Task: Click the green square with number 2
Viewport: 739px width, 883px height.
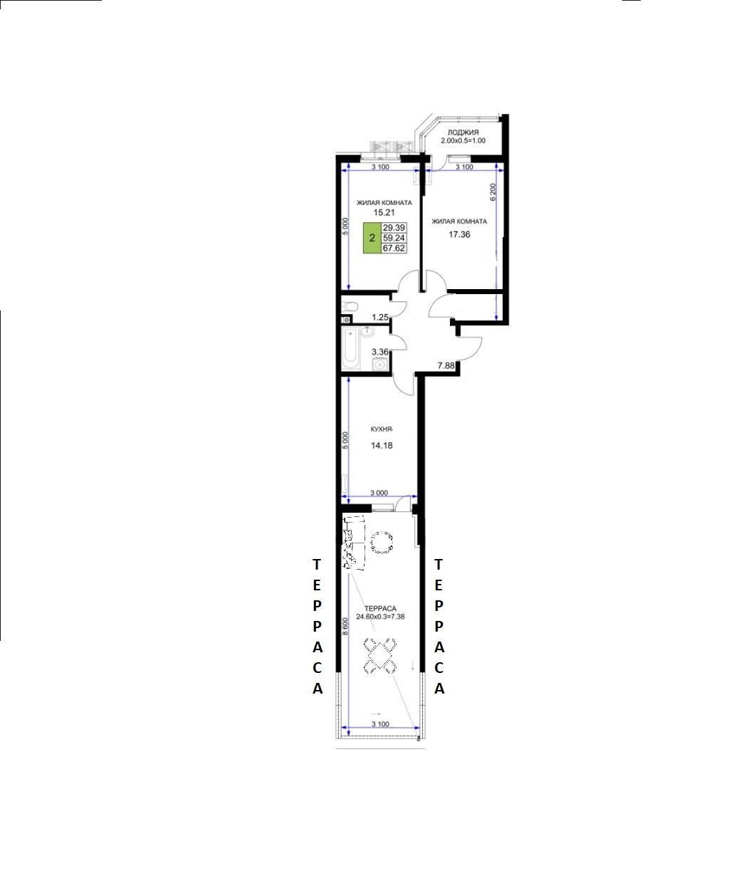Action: pos(372,238)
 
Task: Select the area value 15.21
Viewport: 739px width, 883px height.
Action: pos(384,212)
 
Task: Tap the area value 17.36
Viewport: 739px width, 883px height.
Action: pos(459,234)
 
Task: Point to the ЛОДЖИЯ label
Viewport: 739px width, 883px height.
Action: pos(463,132)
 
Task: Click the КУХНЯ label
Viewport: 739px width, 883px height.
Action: pos(382,429)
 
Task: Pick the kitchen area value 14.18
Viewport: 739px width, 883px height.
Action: pos(382,445)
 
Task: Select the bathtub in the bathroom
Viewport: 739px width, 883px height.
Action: pos(350,349)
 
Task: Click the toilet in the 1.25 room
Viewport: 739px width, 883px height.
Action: pos(350,305)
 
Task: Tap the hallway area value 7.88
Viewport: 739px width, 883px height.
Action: pos(446,366)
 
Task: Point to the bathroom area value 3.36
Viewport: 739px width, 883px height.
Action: pos(380,352)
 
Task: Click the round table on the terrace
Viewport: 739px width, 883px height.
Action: pos(382,542)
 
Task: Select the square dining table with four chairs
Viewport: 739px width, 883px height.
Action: pos(380,656)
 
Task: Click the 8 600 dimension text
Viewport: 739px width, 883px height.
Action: pos(345,627)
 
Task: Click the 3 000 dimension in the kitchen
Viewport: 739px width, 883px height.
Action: pos(379,493)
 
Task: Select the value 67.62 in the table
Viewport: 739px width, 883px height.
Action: pos(394,249)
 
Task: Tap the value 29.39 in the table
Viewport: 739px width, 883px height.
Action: pos(394,228)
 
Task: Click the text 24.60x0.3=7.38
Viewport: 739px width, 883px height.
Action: pos(380,617)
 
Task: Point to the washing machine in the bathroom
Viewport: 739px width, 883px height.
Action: pos(380,364)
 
